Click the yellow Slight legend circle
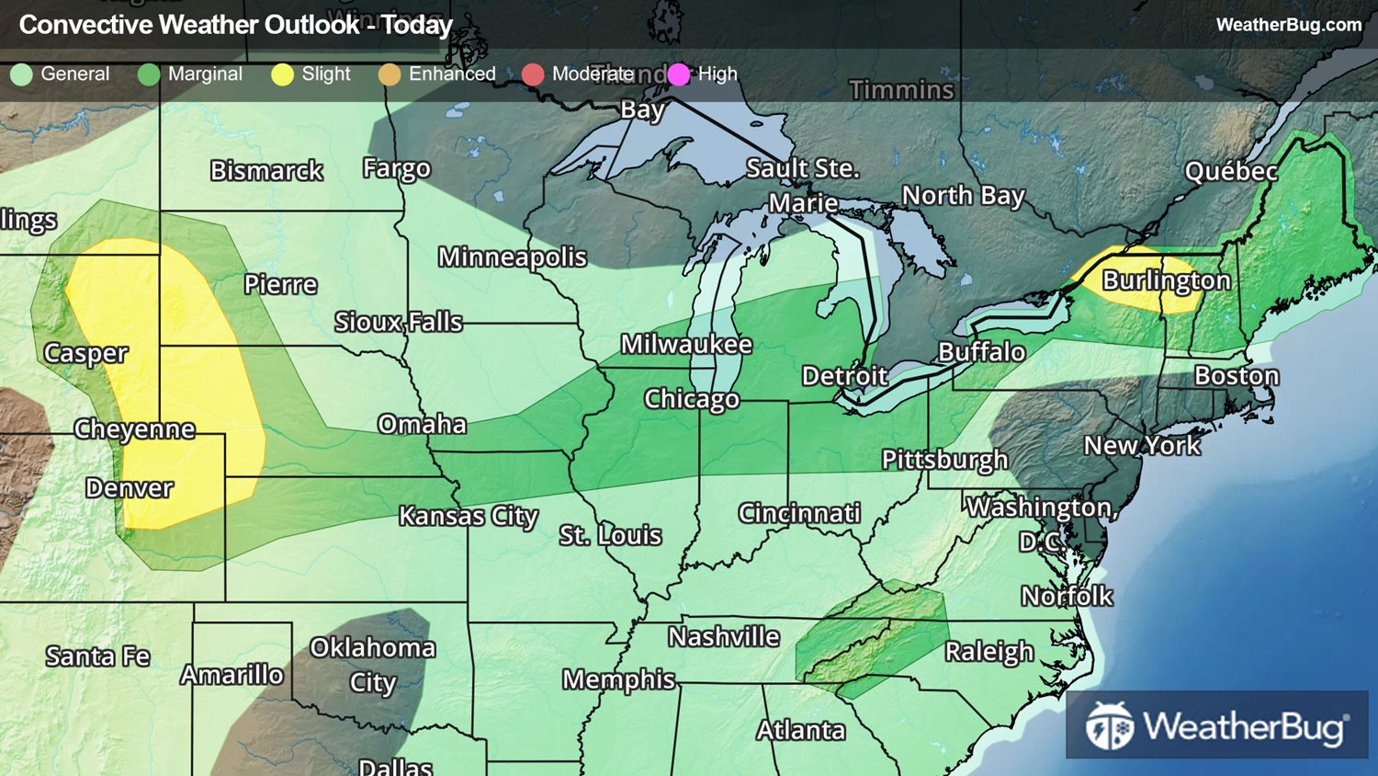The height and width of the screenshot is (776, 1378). (x=282, y=74)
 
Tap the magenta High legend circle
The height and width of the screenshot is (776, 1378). (x=679, y=74)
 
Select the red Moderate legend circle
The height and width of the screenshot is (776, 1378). (x=533, y=74)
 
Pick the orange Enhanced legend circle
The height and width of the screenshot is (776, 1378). (x=390, y=74)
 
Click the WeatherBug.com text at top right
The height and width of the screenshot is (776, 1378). (x=1288, y=25)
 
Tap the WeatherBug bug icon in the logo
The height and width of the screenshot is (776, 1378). (x=1109, y=726)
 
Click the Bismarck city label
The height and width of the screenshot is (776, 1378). (x=266, y=171)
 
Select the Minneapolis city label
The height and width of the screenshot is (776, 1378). (x=512, y=257)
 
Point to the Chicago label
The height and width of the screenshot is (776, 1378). (x=691, y=399)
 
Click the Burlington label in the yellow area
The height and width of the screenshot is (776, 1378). (x=1166, y=280)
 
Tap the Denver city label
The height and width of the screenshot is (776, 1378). (x=129, y=488)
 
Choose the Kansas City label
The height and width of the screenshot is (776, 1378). (x=468, y=517)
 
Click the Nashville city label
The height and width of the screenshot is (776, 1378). (x=723, y=637)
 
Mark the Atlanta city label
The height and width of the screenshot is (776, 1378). (x=800, y=730)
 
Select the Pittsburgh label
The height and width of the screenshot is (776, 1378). (x=944, y=460)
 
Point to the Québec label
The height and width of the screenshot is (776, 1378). (x=1230, y=172)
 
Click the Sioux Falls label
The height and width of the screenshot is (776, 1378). (x=398, y=322)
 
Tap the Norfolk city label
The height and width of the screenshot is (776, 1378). (x=1067, y=597)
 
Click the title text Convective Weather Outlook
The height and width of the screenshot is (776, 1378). (x=188, y=25)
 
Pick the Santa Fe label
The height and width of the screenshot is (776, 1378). (x=97, y=656)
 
